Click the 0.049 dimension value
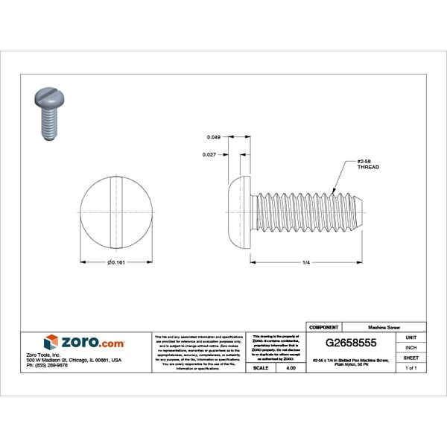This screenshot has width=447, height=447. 213,137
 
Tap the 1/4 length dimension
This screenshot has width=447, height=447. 306,262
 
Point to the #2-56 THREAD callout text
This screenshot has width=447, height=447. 367,165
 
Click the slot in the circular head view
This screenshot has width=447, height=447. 115,212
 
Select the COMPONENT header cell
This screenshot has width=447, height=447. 324,327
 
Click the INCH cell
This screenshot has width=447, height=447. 410,347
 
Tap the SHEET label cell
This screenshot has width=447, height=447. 410,358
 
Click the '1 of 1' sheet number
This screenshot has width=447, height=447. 410,368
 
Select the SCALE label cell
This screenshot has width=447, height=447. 261,368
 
